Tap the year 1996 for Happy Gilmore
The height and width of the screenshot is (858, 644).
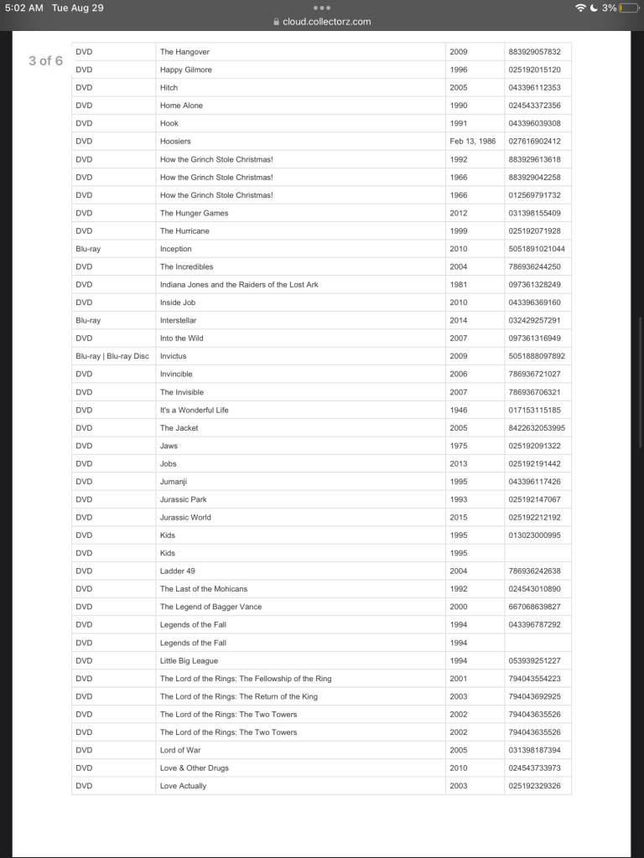(459, 70)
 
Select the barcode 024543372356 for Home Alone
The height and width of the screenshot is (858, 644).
(534, 106)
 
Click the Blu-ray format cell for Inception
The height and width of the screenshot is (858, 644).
(88, 249)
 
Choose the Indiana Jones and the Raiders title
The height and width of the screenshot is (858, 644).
(239, 285)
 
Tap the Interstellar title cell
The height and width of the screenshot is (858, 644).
(179, 321)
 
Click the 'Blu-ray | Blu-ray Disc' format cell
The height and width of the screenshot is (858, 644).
(112, 356)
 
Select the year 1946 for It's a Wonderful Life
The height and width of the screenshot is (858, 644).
(459, 410)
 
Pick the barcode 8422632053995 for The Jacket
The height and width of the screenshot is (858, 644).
(537, 428)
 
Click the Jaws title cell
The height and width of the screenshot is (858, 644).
(169, 446)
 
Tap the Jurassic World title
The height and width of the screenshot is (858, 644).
(185, 517)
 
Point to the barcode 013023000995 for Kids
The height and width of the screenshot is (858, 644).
(534, 535)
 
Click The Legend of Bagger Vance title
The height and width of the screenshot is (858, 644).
(210, 607)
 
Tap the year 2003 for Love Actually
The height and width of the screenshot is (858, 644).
(459, 786)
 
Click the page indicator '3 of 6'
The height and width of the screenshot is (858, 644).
(45, 60)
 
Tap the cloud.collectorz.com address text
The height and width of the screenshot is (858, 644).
(326, 22)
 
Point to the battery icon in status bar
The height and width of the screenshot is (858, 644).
(629, 8)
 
